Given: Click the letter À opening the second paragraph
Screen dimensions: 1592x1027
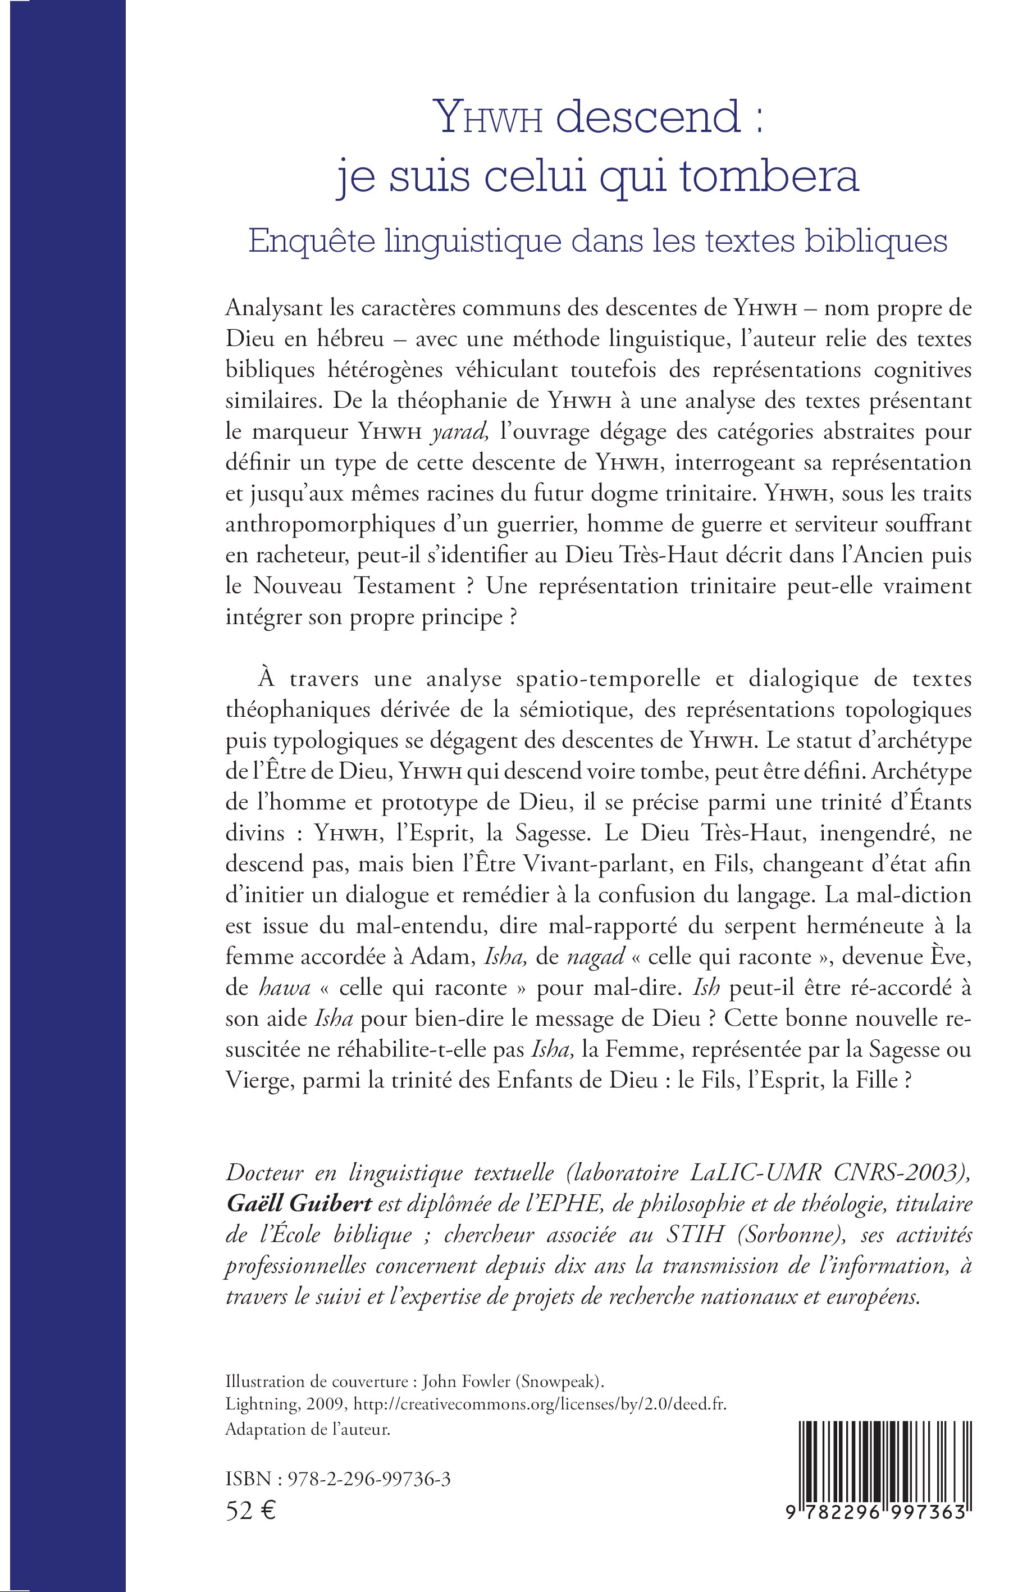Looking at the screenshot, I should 266,679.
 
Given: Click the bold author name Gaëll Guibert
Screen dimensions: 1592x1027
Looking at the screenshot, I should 299,1204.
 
